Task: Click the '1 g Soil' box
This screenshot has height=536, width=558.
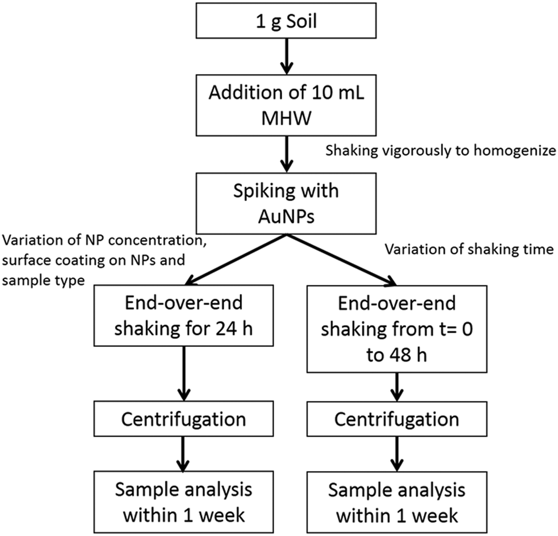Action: [x=286, y=21]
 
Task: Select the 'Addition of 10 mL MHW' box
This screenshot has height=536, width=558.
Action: [x=286, y=105]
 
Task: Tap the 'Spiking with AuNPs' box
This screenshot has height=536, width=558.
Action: [x=286, y=203]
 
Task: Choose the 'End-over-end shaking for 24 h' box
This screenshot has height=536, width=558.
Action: [x=184, y=316]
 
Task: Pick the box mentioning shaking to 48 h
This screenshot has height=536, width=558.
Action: [x=397, y=329]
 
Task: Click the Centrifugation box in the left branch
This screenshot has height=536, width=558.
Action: [x=184, y=419]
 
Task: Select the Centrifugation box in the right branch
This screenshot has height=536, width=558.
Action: [x=397, y=419]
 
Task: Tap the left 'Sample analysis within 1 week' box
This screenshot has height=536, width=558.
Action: [x=184, y=502]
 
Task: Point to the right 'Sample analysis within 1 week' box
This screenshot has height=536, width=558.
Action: [x=397, y=502]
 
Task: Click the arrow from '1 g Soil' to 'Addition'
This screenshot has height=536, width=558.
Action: [x=287, y=56]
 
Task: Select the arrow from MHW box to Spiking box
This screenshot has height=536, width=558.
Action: [x=287, y=154]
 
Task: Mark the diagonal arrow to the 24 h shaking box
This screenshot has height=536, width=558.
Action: [x=235, y=259]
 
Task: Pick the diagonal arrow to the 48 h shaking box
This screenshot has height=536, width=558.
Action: [x=342, y=260]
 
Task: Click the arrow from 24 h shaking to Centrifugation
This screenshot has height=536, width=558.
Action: [x=184, y=374]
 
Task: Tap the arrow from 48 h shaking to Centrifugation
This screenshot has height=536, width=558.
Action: [x=397, y=387]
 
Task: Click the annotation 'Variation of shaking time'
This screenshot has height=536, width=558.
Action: [x=469, y=249]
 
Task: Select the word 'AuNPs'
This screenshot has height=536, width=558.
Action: [x=287, y=216]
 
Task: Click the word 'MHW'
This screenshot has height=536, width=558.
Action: [x=287, y=118]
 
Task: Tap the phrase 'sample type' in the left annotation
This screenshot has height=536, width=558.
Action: [x=43, y=280]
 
